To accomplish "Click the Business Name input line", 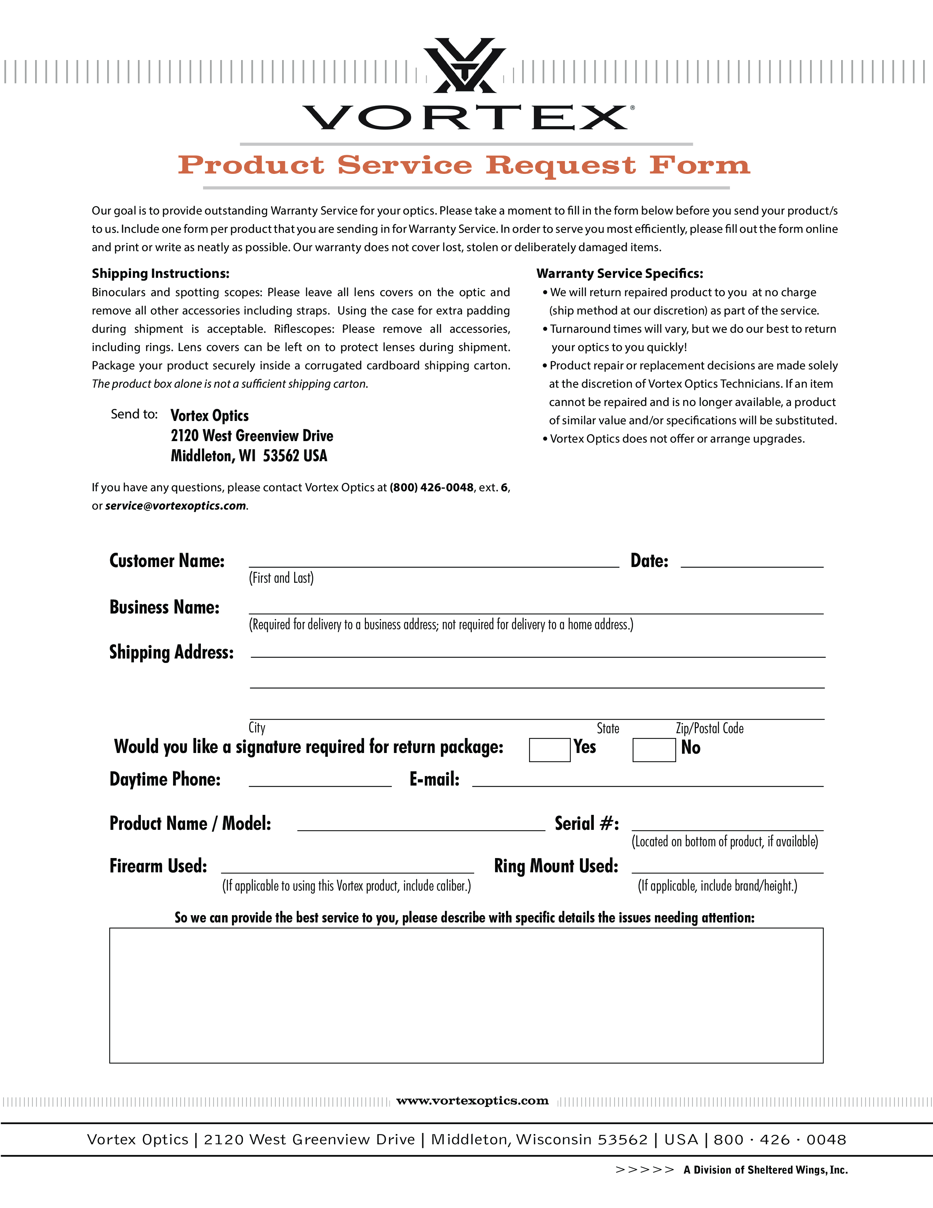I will coord(536,607).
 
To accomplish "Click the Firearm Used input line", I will coord(347,866).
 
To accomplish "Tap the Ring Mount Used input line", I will coord(727,866).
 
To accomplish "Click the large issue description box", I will coord(466,996).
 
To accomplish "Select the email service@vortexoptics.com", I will coord(176,506).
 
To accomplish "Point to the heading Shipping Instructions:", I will coord(160,273).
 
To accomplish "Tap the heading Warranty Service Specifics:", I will coord(619,273).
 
